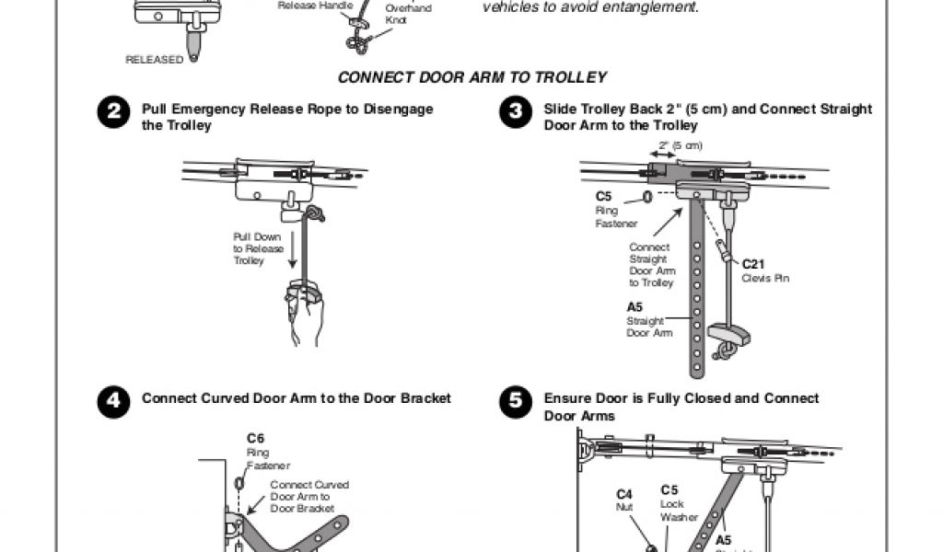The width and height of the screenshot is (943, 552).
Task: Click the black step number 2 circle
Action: tap(112, 113)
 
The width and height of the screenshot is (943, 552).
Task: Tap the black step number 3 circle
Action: tap(515, 113)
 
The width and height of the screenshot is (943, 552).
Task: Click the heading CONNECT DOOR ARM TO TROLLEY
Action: tap(472, 77)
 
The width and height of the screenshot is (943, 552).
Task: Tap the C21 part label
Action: tap(754, 264)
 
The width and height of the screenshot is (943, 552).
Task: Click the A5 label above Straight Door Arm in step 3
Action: tap(634, 307)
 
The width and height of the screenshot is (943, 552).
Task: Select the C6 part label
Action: tap(255, 439)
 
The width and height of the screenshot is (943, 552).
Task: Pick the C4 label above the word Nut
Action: tap(623, 494)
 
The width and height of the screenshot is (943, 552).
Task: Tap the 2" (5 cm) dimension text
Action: tap(681, 145)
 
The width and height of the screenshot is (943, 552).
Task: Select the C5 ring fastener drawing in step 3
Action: tap(647, 197)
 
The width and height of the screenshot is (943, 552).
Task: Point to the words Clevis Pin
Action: tap(765, 278)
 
